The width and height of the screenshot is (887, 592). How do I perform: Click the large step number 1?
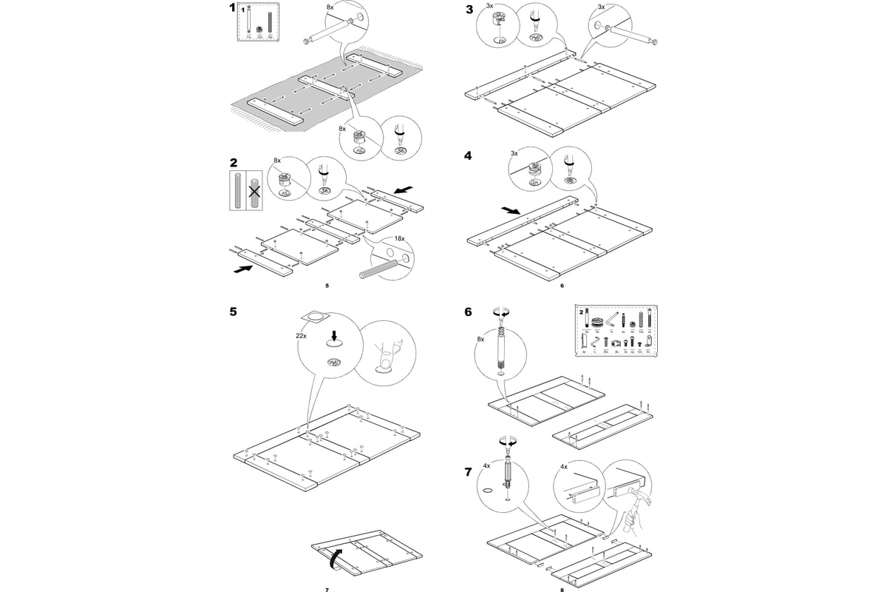click(x=233, y=9)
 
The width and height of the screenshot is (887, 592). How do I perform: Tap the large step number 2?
click(x=234, y=163)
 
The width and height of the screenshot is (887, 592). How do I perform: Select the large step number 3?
click(x=469, y=10)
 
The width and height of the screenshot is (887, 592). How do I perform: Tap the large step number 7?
click(x=468, y=471)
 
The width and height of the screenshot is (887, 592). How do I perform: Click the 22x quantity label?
click(x=301, y=336)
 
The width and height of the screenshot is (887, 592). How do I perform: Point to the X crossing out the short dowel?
click(x=255, y=192)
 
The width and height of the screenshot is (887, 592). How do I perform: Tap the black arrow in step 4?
click(x=510, y=211)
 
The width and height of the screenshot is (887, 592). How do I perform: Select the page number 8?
click(x=562, y=590)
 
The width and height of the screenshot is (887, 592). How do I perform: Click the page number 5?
click(x=327, y=285)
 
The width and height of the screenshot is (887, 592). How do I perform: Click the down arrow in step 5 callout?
click(x=333, y=336)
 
